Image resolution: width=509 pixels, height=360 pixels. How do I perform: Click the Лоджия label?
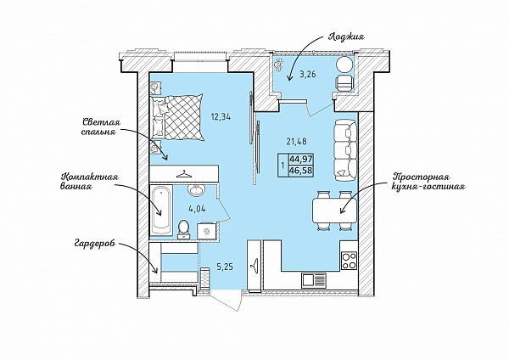[x=346, y=37]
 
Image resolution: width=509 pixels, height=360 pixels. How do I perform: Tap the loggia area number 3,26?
[x=308, y=75]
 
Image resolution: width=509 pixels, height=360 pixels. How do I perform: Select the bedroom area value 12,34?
[x=221, y=116]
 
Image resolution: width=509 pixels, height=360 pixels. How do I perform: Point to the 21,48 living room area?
[x=297, y=141]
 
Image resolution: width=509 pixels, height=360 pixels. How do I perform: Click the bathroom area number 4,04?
[x=197, y=209]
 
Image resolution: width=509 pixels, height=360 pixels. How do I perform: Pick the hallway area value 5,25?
[x=225, y=267]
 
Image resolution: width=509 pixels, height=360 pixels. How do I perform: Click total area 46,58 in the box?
[x=301, y=171]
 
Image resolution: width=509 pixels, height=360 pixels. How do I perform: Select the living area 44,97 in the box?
[x=301, y=160]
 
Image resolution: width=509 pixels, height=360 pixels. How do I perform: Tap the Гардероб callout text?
[x=94, y=244]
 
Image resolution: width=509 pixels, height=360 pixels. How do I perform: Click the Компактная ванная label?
[x=90, y=182]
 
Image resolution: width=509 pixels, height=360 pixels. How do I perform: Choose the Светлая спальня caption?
[x=101, y=127]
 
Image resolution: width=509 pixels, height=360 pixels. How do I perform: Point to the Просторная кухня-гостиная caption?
[x=428, y=182]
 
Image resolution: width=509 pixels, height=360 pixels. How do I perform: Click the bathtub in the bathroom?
[x=161, y=210]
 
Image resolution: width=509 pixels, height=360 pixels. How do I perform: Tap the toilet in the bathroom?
[x=184, y=229]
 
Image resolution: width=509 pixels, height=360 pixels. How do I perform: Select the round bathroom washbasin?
[x=196, y=190]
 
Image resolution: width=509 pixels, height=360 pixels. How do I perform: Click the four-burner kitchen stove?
[x=349, y=261]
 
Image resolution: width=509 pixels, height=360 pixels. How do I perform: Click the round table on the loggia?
[x=344, y=65]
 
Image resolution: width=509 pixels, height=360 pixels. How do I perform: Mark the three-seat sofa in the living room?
[x=345, y=150]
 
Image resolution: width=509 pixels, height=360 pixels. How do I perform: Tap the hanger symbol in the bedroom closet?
[x=184, y=174]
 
